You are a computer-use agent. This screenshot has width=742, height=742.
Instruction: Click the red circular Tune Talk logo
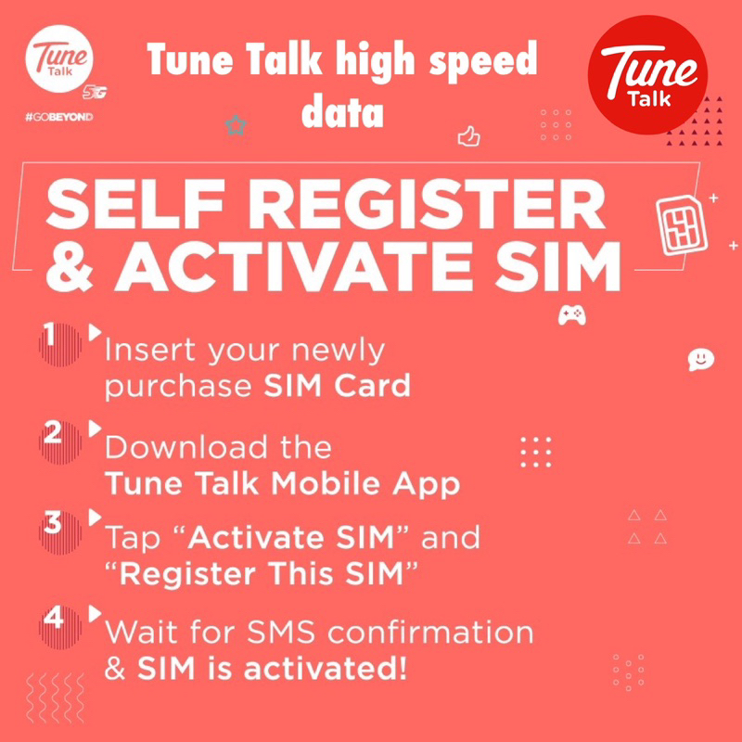[x=647, y=75]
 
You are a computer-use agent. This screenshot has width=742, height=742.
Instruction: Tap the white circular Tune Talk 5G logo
[x=59, y=58]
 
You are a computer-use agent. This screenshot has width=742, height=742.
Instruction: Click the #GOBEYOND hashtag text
[x=59, y=117]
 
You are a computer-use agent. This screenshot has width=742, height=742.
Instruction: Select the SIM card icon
[x=681, y=224]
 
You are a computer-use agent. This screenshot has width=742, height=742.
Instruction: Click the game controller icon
[x=571, y=315]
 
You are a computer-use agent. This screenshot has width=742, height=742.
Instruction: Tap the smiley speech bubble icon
[x=701, y=360]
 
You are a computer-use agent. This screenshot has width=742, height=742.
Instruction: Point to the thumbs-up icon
[x=469, y=136]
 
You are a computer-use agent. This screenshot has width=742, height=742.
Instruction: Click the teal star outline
[x=236, y=125]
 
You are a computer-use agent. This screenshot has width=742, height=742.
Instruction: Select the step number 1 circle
[x=59, y=344]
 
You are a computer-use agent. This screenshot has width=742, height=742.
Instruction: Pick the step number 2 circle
[x=59, y=442]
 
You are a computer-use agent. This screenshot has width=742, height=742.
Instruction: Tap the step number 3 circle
[x=59, y=532]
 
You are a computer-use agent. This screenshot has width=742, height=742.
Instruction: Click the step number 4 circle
[x=59, y=628]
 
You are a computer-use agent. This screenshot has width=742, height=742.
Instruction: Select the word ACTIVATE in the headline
[x=294, y=265]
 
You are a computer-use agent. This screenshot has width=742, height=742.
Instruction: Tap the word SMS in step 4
[x=281, y=633]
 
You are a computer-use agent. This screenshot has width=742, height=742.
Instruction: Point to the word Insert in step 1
[x=150, y=350]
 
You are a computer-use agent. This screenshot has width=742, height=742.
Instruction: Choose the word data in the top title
[x=342, y=111]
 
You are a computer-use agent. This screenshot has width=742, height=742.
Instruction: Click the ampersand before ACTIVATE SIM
[x=70, y=265]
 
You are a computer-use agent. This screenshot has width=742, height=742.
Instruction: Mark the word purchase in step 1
[x=178, y=387]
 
